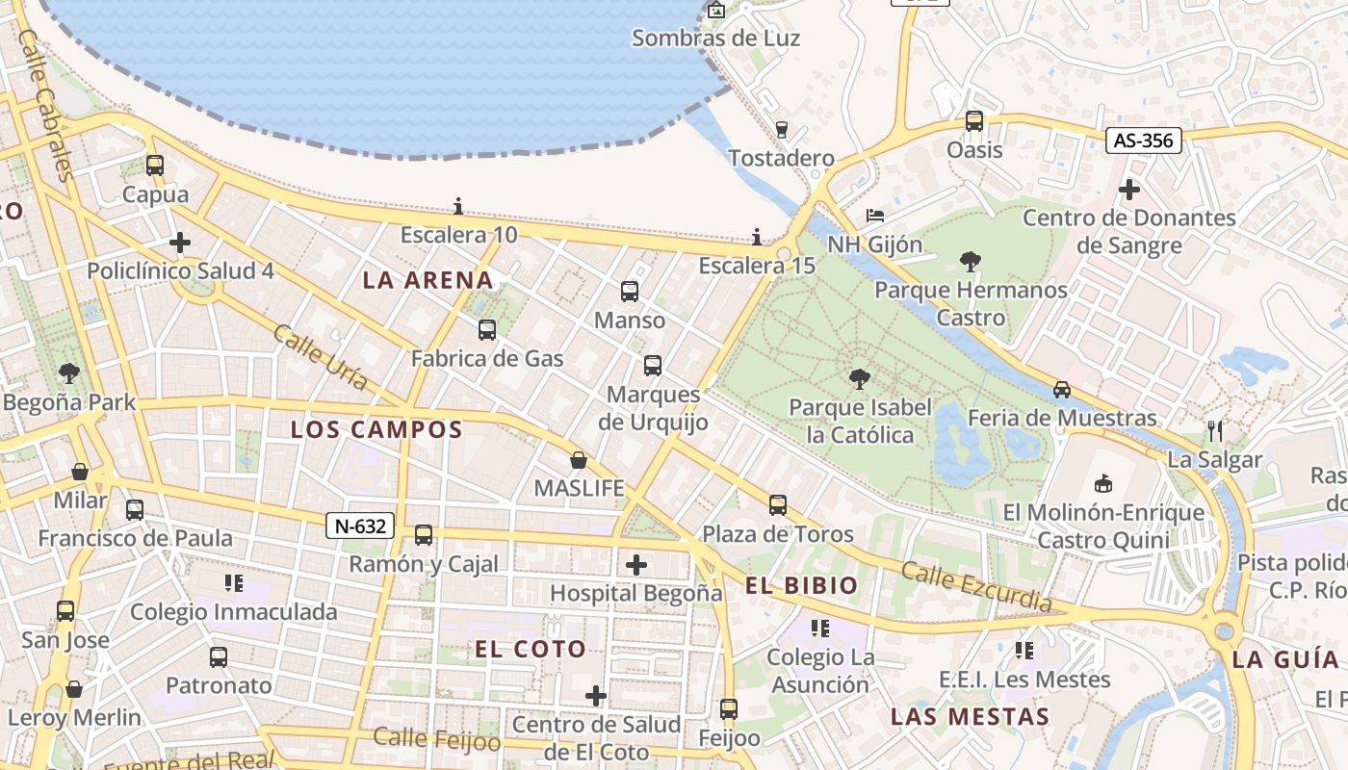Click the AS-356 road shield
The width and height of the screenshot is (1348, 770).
coord(1143,141)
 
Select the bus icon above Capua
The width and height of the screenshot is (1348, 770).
coord(155,165)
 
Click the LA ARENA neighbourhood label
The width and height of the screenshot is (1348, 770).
coord(428,280)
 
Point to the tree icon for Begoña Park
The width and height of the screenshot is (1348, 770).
coord(68,372)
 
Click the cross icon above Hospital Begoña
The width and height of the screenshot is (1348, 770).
coord(635,564)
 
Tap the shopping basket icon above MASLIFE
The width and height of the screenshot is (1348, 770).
coord(579,460)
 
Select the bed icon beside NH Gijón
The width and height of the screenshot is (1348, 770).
coord(874,215)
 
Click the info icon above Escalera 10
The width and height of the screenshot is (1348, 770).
coord(458,206)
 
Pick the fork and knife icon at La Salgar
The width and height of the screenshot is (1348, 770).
coord(1214,430)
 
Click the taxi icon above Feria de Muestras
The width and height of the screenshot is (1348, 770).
coord(1061,389)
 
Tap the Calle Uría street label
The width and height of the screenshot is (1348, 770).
coord(321,357)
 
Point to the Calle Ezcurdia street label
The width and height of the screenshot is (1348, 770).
coord(975,586)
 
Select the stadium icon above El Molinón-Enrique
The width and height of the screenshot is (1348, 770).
coord(1103,482)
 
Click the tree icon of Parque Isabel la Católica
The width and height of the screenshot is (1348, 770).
coord(860,379)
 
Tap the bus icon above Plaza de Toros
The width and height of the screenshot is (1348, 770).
coord(777,504)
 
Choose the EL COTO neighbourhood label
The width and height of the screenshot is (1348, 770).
coord(531,649)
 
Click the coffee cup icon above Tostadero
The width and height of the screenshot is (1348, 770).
coord(781,129)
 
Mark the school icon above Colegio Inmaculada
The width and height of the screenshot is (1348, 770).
coord(233,582)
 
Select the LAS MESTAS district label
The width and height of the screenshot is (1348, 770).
coord(970,716)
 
